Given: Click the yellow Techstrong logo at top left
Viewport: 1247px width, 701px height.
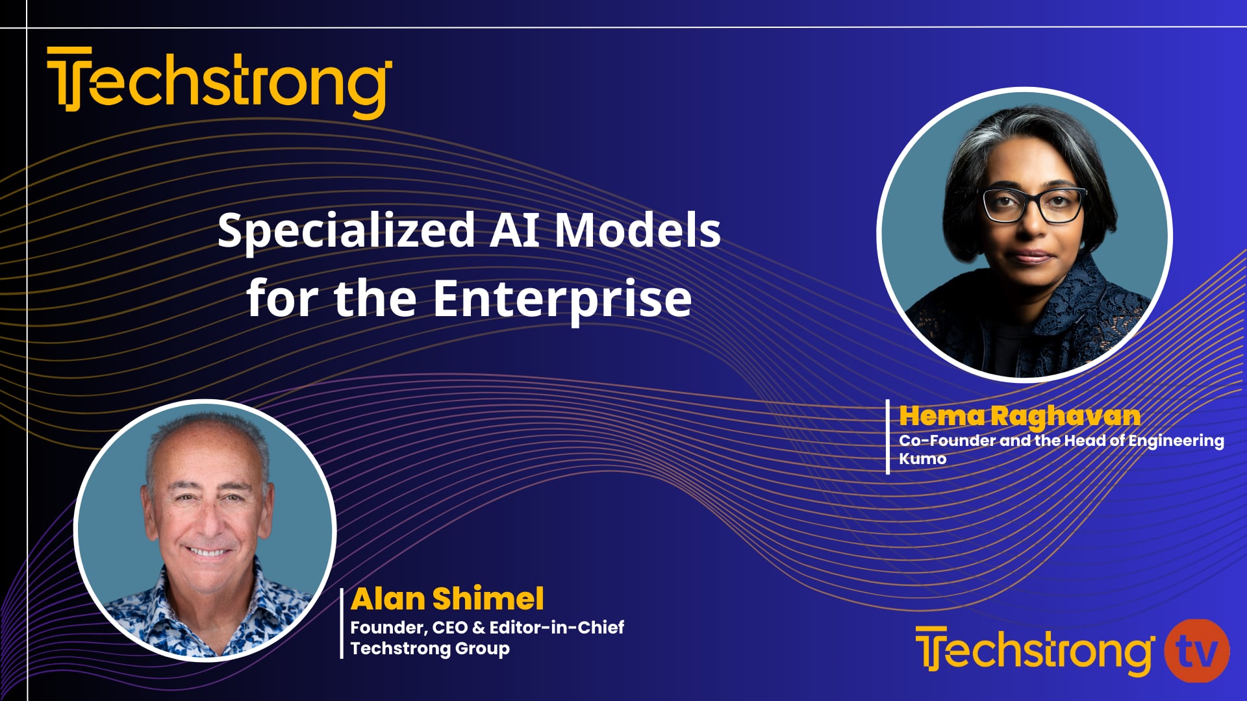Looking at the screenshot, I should click(x=220, y=82).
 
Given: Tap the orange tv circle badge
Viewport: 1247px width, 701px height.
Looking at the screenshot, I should click(x=1196, y=650).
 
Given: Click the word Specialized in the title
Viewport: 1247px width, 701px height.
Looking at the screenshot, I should click(x=346, y=230).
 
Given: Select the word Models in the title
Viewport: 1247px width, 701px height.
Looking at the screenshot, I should click(x=637, y=230).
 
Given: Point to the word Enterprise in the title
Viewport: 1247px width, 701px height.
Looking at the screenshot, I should click(x=562, y=299).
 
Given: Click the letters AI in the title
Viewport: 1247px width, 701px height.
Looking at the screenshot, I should click(x=514, y=230).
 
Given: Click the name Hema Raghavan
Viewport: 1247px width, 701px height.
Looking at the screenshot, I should click(x=1019, y=416).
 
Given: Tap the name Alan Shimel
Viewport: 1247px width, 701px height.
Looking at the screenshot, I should click(x=447, y=598).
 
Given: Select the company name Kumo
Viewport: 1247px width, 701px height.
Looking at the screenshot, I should click(x=922, y=459).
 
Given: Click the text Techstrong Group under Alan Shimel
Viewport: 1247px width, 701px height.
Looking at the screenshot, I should click(x=430, y=648).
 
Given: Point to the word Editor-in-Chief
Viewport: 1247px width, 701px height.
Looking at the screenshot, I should click(x=557, y=627).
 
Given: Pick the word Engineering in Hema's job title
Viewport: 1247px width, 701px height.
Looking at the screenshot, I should click(x=1176, y=441).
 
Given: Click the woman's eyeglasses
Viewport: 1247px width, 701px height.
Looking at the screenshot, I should click(x=1034, y=204).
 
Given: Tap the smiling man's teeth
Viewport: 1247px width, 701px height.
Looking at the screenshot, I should click(x=207, y=553).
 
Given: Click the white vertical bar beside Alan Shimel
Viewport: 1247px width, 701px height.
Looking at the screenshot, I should click(x=342, y=623).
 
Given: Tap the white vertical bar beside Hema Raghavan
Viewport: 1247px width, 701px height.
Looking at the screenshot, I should click(x=888, y=437).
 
